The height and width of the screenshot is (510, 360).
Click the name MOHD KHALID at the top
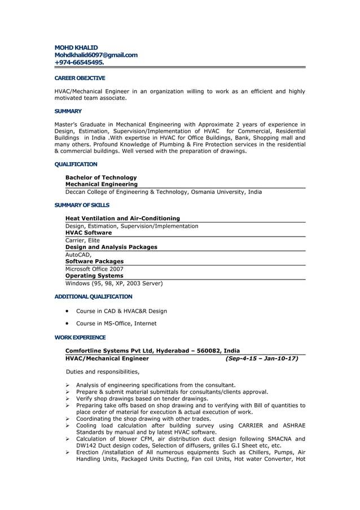(x=76, y=47)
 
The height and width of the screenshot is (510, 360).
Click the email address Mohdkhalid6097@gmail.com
(x=96, y=55)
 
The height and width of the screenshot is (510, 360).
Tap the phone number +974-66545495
(x=79, y=63)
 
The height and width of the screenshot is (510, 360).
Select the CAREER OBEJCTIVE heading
(x=80, y=78)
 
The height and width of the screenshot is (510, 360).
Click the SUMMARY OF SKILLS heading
(x=82, y=205)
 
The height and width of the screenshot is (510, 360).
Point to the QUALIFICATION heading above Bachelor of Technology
(x=76, y=164)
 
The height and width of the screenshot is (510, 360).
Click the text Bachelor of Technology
(x=101, y=177)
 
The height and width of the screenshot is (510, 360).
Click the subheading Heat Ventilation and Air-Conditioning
(x=122, y=218)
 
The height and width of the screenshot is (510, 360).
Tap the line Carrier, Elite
(x=82, y=240)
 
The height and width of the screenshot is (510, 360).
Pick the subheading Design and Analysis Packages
(x=111, y=247)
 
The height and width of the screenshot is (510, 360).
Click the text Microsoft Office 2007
(x=94, y=269)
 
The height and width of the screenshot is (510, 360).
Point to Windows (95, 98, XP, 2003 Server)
(x=114, y=283)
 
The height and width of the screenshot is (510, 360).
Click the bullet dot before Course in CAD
(x=68, y=311)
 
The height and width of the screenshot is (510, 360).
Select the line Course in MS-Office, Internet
(x=116, y=324)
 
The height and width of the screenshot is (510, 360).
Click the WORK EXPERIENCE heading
(x=80, y=338)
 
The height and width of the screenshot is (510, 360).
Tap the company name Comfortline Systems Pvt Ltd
(x=109, y=351)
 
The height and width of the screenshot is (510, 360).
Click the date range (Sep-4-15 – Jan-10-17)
(x=261, y=358)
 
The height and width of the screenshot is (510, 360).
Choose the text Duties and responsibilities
(x=102, y=372)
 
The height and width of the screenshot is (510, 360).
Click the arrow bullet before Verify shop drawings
(x=68, y=398)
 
